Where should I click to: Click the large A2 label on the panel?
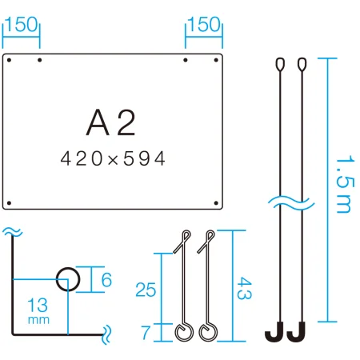click(x=110, y=122)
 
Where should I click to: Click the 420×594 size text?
click(x=113, y=158)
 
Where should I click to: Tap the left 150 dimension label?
click(x=21, y=24)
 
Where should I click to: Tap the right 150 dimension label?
click(x=204, y=24)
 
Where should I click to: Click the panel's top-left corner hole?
click(x=9, y=60)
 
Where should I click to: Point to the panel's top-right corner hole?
click(x=216, y=60)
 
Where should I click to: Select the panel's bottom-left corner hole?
click(x=9, y=203)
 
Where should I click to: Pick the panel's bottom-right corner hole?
click(x=216, y=203)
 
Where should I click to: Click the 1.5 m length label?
click(x=346, y=184)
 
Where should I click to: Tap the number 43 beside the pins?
click(x=244, y=288)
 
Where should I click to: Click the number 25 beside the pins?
click(x=146, y=290)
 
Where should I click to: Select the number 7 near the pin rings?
click(x=146, y=332)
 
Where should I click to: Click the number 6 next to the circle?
click(x=106, y=280)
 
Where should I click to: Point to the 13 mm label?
click(x=38, y=310)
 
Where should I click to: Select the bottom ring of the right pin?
click(x=208, y=340)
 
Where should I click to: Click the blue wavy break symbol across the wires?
click(x=291, y=203)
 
